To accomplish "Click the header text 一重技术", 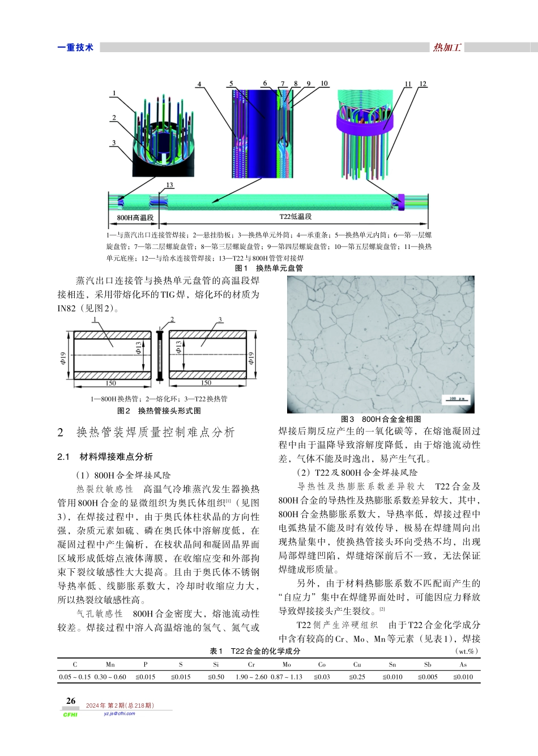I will tap(75, 48).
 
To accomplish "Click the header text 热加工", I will tap(447, 48).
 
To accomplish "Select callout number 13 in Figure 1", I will tap(169, 185).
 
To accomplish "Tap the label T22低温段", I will tap(296, 217).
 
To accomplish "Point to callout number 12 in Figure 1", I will tap(422, 84).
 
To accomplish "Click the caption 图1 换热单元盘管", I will tap(269, 268).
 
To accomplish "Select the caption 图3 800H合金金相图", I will tap(381, 419).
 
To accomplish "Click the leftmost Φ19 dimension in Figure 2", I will tap(63, 358).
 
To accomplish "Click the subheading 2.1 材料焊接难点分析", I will tap(105, 457).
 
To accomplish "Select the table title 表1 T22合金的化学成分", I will tap(255, 651).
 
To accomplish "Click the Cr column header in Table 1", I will tap(251, 664).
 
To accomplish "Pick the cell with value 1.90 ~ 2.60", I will tap(251, 677).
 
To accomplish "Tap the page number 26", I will tap(71, 701).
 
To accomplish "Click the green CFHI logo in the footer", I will tap(70, 715).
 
